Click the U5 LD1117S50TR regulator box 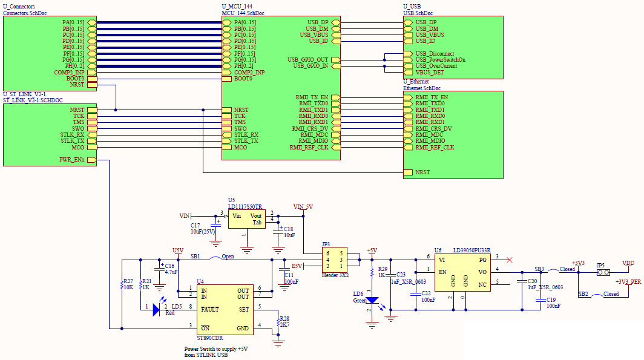[247, 220]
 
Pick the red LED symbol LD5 [156, 310]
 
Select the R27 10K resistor [122, 284]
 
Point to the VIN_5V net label [302, 206]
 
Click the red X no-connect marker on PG [510, 260]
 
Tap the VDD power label [629, 263]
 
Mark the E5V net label [297, 266]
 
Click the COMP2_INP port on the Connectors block [70, 73]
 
